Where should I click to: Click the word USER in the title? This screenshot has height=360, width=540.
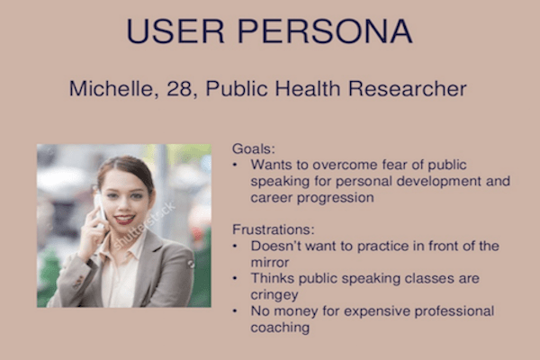click(175, 31)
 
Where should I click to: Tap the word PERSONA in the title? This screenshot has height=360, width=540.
click(325, 31)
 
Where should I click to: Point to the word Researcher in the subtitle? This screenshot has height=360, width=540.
click(408, 88)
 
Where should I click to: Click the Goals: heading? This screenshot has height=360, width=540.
click(254, 148)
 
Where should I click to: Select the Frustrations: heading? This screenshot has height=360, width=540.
click(274, 229)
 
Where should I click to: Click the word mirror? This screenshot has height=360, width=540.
click(270, 263)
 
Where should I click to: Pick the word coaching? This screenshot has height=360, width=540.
click(280, 328)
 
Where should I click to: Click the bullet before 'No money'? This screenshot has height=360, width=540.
click(235, 311)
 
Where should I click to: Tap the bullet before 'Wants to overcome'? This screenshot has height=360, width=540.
click(235, 165)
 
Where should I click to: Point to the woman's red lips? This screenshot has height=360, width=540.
click(124, 220)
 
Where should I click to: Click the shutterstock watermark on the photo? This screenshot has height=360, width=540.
click(145, 226)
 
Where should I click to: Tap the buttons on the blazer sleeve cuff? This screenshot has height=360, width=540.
click(78, 282)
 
